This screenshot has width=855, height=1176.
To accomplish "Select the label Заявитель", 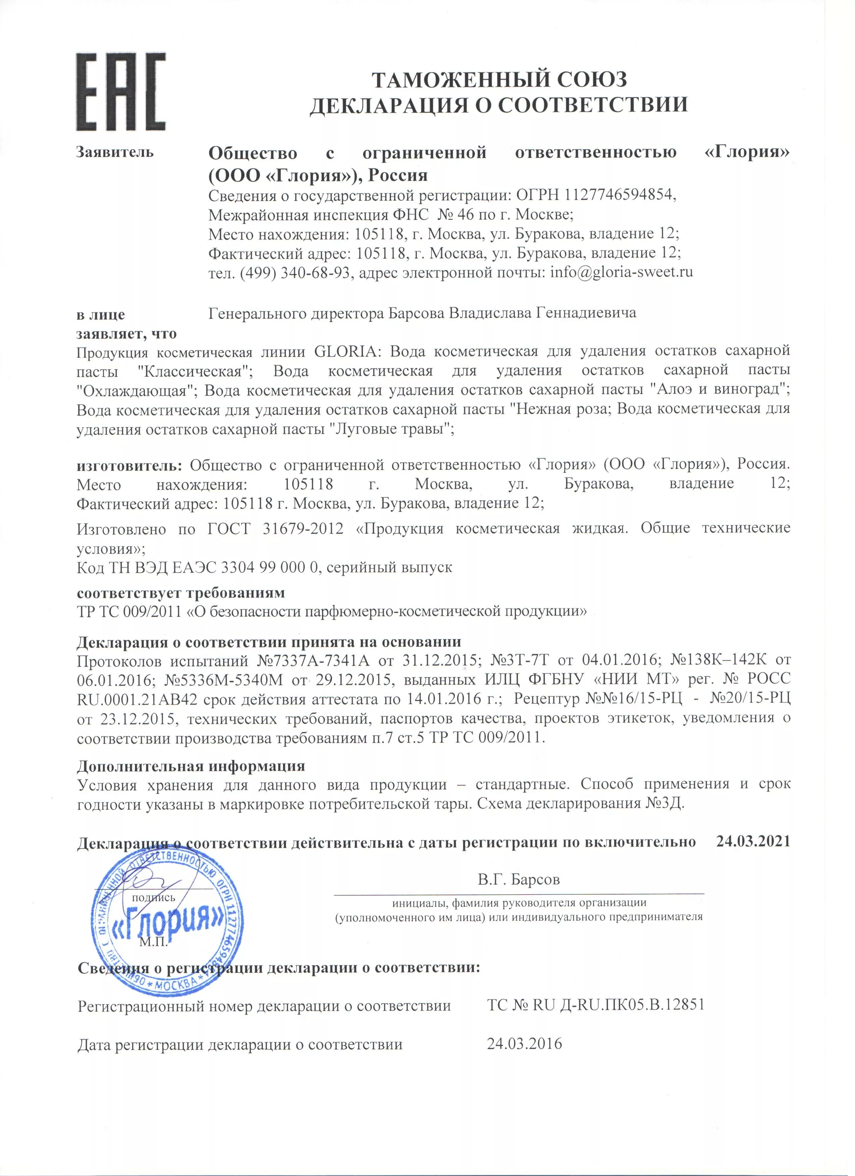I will [x=115, y=152].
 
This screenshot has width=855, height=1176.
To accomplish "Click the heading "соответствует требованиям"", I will [x=181, y=592].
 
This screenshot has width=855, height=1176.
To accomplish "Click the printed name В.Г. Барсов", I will [x=519, y=879].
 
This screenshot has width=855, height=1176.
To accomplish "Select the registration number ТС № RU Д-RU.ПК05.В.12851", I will [x=596, y=1005].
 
